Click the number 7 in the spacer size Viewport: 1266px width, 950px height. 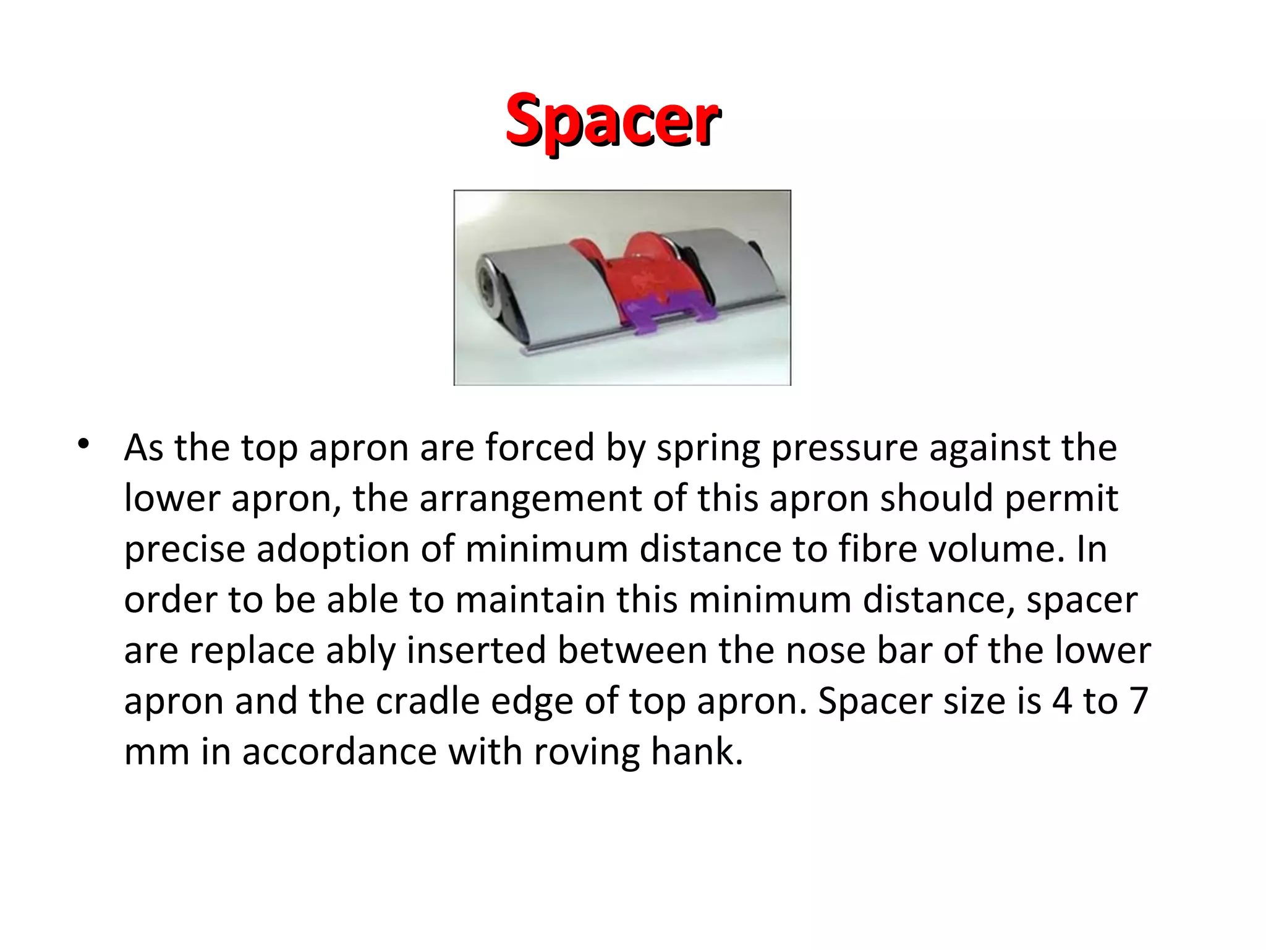1138,701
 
